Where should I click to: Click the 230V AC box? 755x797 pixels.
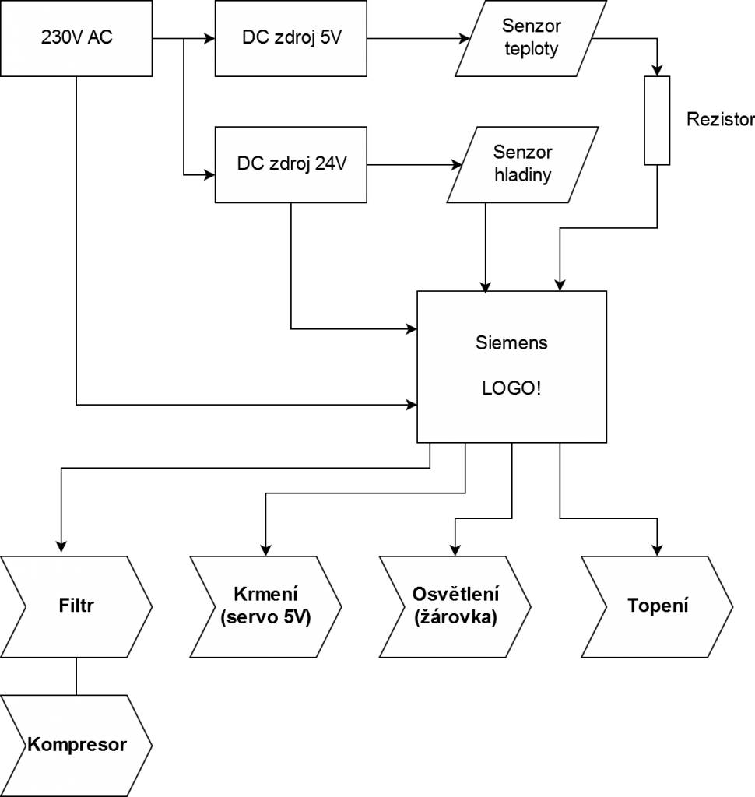(76, 37)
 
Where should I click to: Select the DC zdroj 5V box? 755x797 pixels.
(290, 37)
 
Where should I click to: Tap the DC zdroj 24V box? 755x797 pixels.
(290, 164)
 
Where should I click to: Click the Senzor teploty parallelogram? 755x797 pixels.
(531, 37)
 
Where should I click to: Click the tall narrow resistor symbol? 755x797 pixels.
(657, 120)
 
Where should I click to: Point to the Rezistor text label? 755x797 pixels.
(721, 120)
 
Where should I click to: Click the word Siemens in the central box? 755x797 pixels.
(511, 342)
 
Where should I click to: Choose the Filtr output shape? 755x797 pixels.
(76, 606)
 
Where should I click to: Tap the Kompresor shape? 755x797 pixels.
(76, 745)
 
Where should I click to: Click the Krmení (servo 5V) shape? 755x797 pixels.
(265, 606)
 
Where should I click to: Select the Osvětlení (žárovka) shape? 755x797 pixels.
(455, 606)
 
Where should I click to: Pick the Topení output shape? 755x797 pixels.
(658, 606)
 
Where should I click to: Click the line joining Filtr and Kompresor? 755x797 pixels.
(76, 676)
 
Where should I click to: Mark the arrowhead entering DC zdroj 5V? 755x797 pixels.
(209, 37)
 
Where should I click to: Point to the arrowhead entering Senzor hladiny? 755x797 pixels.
(456, 164)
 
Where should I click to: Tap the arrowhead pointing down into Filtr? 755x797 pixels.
(61, 549)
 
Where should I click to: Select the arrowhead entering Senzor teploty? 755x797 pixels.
(465, 37)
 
